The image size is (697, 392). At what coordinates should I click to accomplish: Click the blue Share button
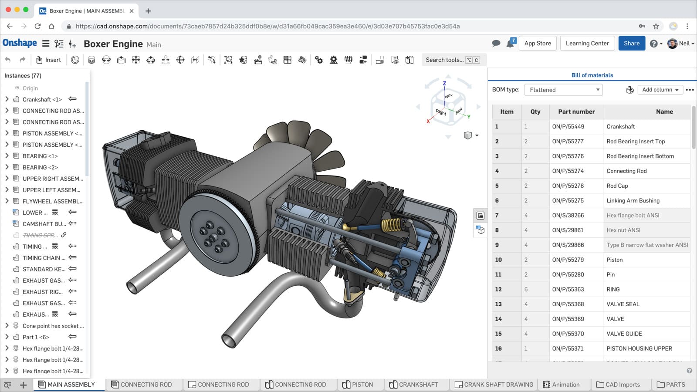(x=631, y=43)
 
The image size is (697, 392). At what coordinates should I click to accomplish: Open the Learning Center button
(x=587, y=43)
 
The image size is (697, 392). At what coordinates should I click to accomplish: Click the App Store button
(x=537, y=43)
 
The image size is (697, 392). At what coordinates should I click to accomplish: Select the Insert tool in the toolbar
(x=48, y=60)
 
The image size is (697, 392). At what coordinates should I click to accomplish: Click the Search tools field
(x=444, y=60)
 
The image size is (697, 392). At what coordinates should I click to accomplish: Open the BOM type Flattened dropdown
(x=563, y=90)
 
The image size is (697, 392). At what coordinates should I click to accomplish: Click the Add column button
(x=660, y=90)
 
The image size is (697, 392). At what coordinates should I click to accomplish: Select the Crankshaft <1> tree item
(x=42, y=99)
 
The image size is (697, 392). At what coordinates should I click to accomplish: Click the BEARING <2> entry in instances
(x=40, y=167)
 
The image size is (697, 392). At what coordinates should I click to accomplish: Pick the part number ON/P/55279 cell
(x=568, y=260)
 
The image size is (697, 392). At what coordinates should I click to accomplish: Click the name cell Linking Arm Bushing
(x=633, y=200)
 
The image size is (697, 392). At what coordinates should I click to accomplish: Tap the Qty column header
(x=535, y=112)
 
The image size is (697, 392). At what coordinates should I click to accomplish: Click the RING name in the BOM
(x=613, y=289)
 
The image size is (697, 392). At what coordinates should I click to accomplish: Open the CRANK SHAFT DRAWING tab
(x=498, y=385)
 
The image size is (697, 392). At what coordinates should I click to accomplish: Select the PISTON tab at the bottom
(x=362, y=385)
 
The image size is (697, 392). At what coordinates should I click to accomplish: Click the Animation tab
(x=565, y=385)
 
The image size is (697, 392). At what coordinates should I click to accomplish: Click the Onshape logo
(x=20, y=43)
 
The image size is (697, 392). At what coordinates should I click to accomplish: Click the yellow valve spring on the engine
(x=391, y=225)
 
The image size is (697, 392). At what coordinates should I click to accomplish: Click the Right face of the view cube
(x=440, y=112)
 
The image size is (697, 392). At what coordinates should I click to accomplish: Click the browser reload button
(x=37, y=26)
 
